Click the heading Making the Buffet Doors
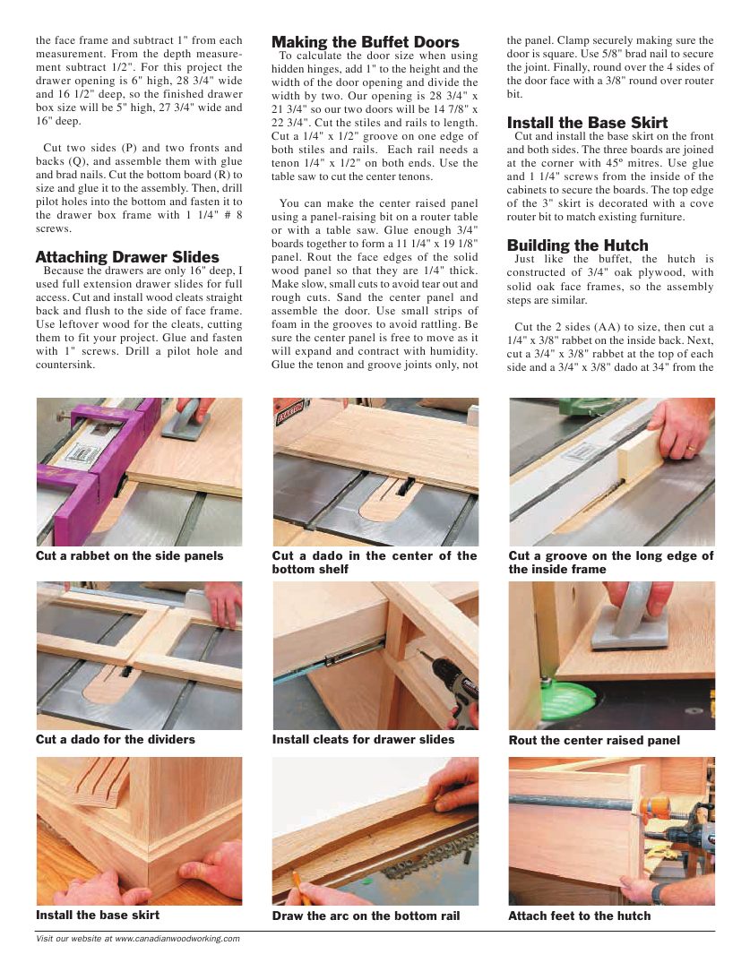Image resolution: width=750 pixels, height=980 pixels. coord(365,42)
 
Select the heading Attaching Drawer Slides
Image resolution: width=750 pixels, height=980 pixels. coord(127,257)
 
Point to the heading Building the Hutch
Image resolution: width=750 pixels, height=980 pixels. coord(577,245)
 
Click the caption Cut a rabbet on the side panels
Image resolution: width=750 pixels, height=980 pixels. coord(129,556)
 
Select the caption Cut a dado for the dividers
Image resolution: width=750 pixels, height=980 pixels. coord(115,740)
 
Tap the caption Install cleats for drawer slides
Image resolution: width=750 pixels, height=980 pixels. coord(363,740)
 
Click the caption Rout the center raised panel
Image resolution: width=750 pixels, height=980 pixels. coord(594,741)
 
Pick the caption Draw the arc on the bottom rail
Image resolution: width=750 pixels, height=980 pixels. coord(366,916)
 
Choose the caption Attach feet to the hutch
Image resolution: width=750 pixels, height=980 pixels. coord(579,916)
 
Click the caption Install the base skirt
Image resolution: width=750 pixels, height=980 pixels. coord(98,916)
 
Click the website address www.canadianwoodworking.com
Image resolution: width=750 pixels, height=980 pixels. coord(177,939)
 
